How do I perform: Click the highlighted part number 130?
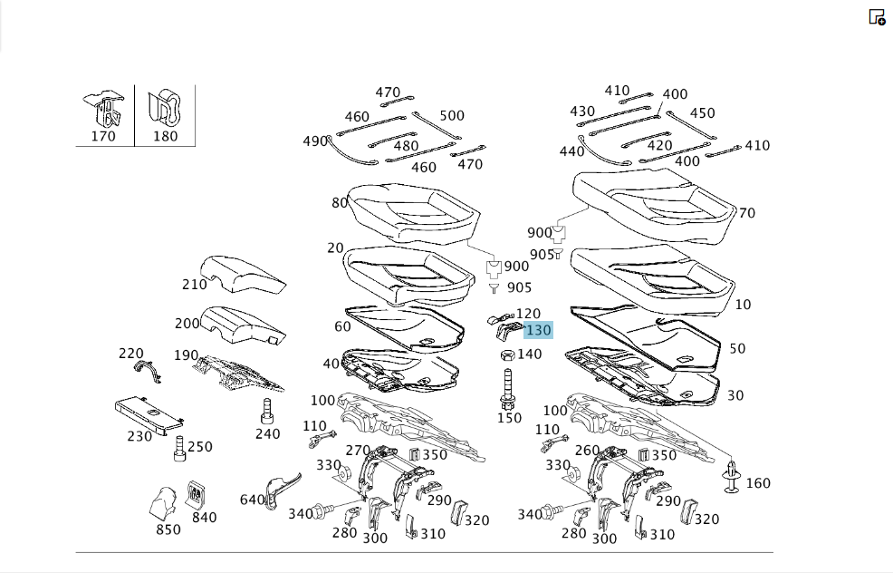tap(538, 330)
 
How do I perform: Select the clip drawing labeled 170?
tap(103, 110)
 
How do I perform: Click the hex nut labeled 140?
tap(507, 355)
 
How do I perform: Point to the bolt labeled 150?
tap(507, 389)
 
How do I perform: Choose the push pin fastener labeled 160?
tap(731, 476)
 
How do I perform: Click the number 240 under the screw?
tap(268, 434)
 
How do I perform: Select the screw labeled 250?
tap(179, 449)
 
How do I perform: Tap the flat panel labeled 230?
tap(148, 414)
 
